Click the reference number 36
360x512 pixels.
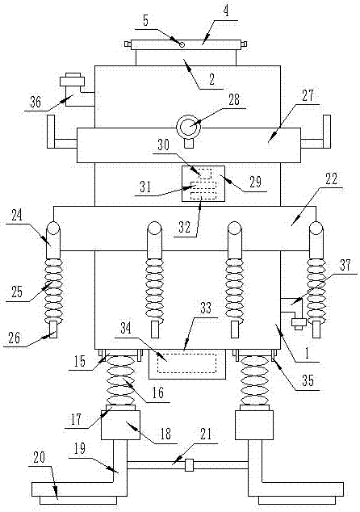(x=36, y=103)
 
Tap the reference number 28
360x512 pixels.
(x=234, y=100)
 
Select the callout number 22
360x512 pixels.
(x=331, y=179)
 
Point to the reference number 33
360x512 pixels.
(x=206, y=308)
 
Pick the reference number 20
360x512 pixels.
(x=40, y=458)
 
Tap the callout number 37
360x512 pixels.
(x=345, y=266)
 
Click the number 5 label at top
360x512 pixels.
(x=145, y=21)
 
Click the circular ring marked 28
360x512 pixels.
(x=189, y=127)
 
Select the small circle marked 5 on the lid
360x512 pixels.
(x=182, y=44)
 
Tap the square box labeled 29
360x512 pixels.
(x=203, y=183)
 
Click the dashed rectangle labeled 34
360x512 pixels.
(x=186, y=363)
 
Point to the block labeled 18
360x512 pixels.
(x=120, y=425)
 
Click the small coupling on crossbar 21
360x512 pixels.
(x=190, y=464)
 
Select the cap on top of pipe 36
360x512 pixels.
(x=72, y=80)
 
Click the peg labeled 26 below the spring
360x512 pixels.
(x=53, y=329)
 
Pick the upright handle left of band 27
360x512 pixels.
(x=51, y=132)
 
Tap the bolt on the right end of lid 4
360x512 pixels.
(x=244, y=44)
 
